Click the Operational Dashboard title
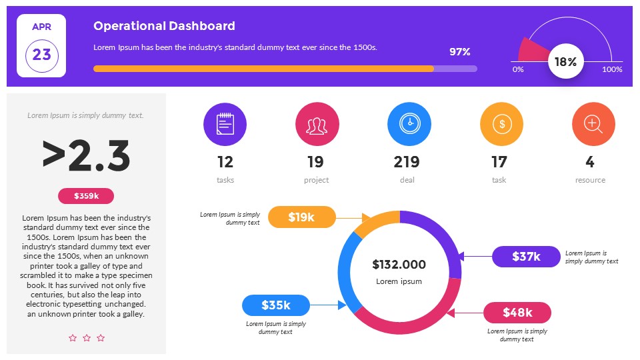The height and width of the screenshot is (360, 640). coord(164,26)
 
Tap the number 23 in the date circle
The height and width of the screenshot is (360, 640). coord(41,55)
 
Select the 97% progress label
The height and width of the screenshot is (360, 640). coord(460,52)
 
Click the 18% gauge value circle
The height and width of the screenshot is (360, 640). coord(565,62)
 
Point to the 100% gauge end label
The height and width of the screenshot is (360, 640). coord(612,69)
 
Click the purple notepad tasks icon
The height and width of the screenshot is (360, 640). coord(225,125)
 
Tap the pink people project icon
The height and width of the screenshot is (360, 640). coord(317,125)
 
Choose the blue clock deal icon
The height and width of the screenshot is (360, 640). coord(409,125)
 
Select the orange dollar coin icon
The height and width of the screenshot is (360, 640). coord(501,125)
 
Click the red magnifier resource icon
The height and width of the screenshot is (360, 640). coord(593,125)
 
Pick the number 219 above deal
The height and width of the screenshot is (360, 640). coord(407,162)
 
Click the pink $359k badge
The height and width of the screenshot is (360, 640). coord(86,196)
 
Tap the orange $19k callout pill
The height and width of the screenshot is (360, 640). coord(301,217)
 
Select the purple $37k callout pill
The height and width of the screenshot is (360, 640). coord(526,257)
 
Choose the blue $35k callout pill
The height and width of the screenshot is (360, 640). coord(275,305)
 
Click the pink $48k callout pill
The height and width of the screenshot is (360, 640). coord(517,313)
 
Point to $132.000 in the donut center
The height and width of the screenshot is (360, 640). coord(399,265)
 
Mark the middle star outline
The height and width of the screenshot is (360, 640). coord(87,338)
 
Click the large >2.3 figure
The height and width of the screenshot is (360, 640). coord(86,155)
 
